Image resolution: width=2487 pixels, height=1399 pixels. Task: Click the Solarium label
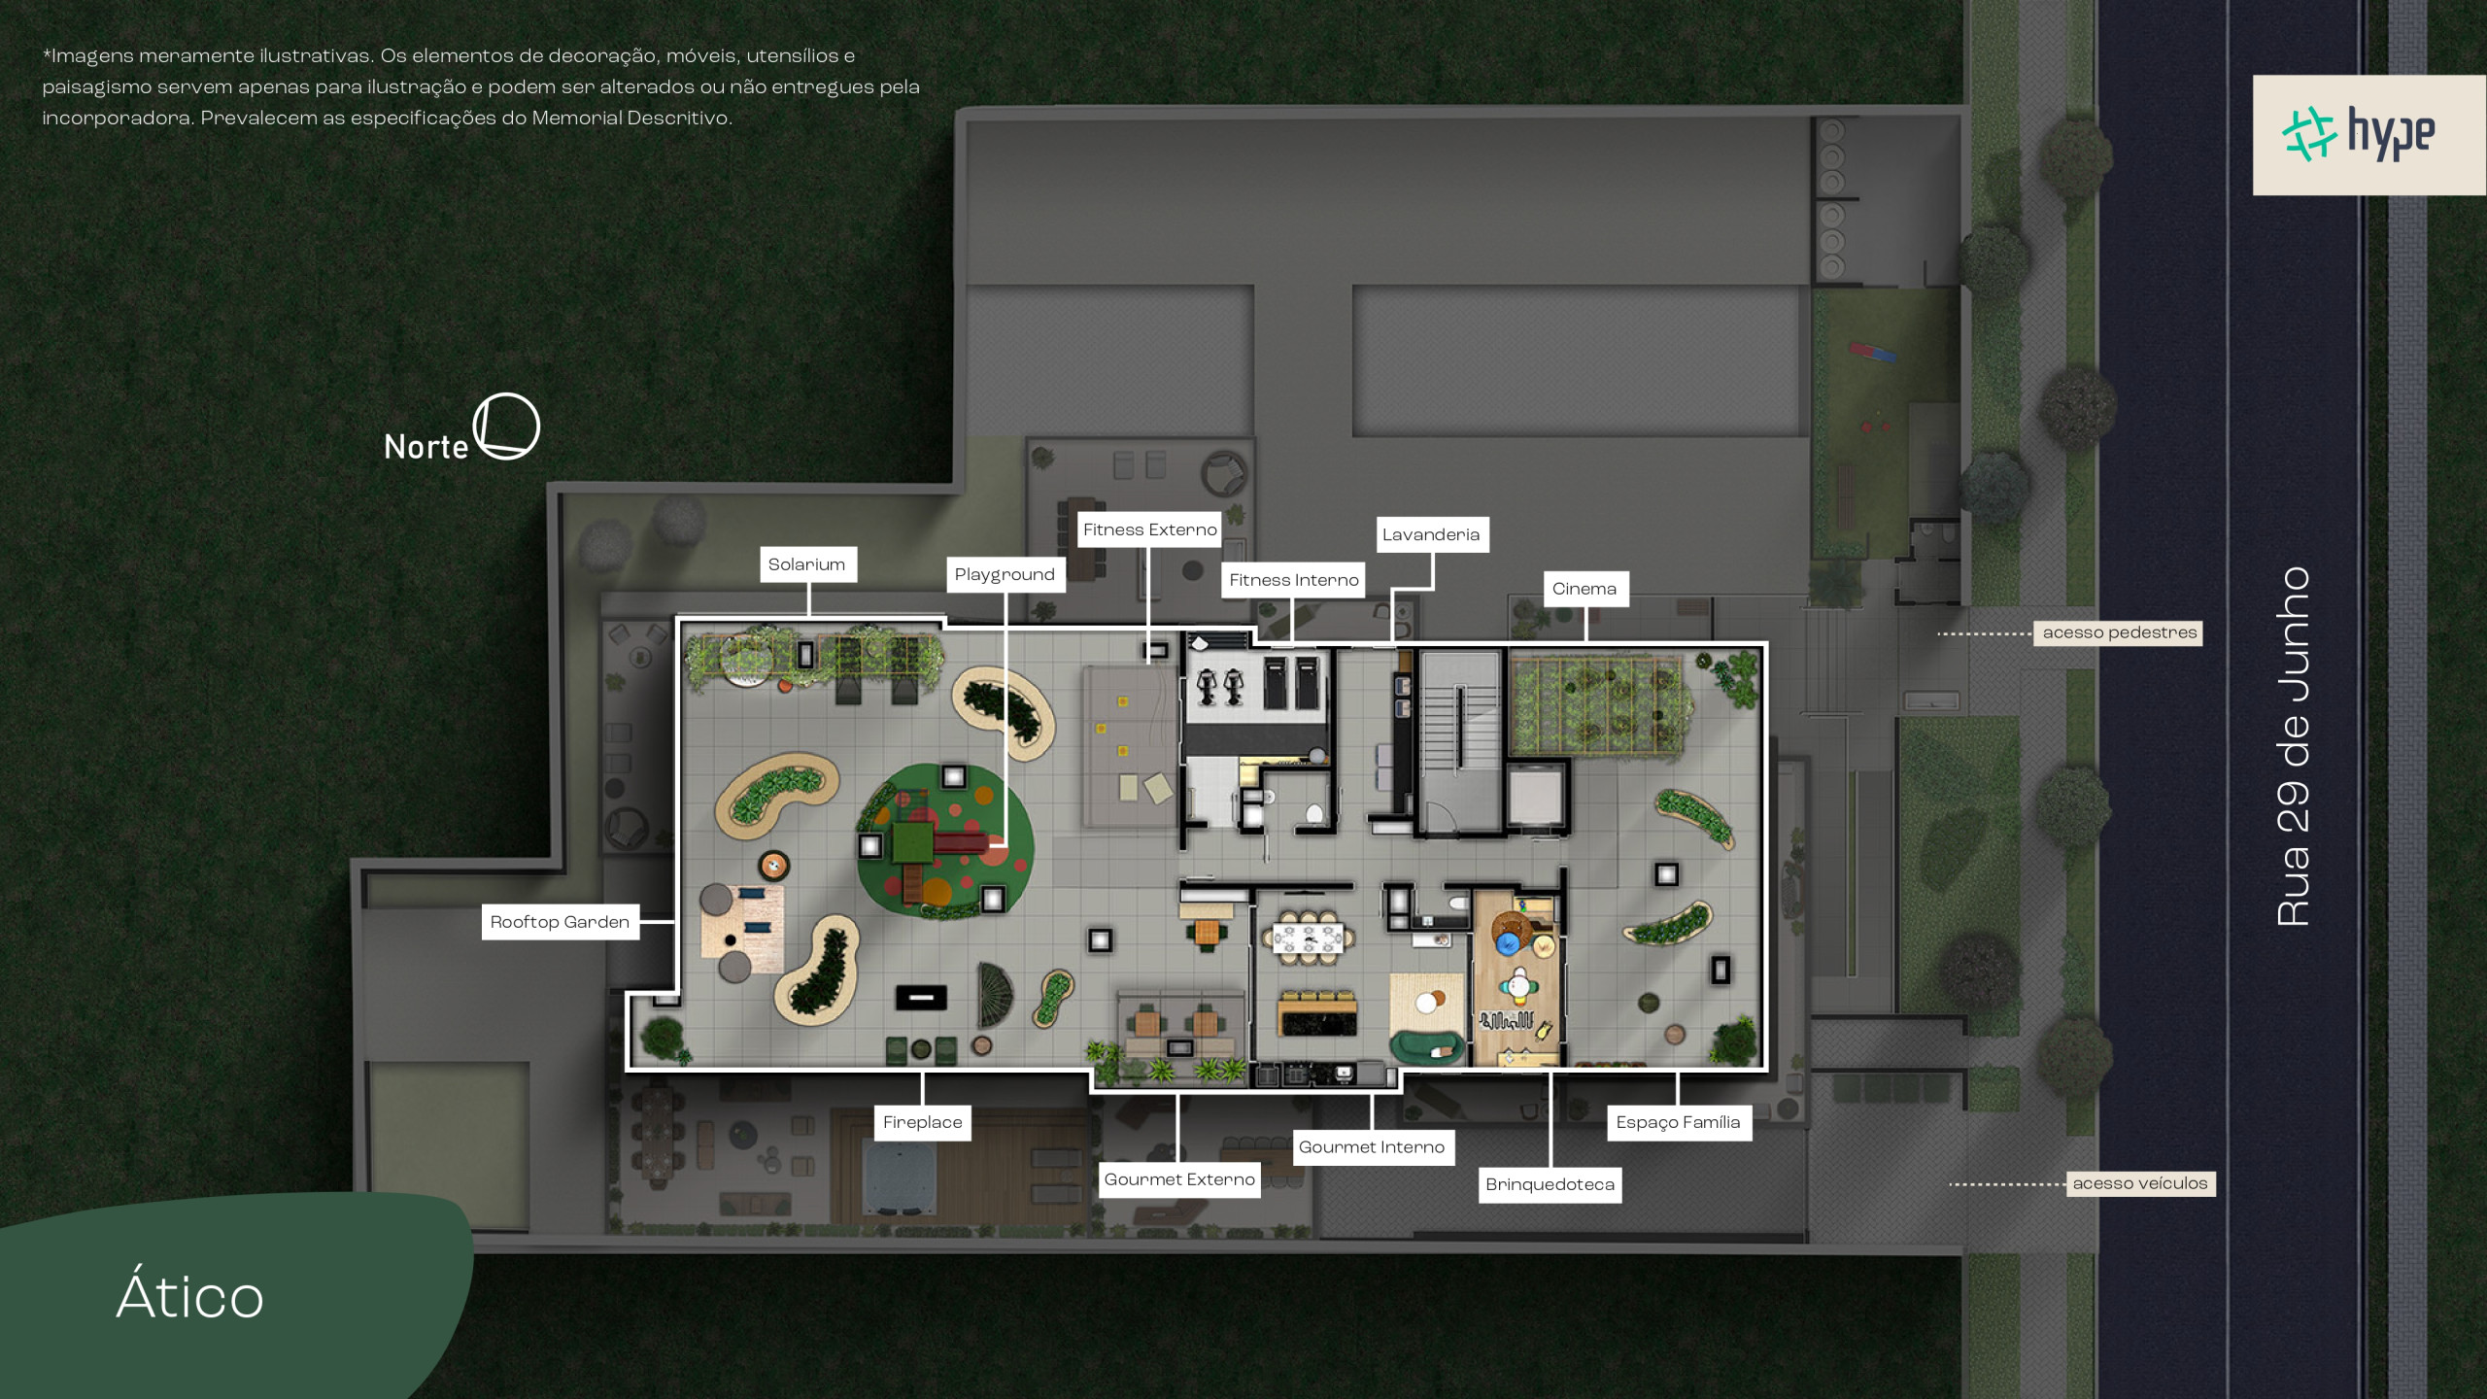tap(807, 564)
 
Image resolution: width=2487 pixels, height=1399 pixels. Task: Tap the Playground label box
tap(1005, 574)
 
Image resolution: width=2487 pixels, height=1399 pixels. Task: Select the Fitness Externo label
tap(1149, 529)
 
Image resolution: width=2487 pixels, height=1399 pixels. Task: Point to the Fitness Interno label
tap(1293, 580)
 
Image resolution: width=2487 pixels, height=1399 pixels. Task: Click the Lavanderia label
tap(1431, 534)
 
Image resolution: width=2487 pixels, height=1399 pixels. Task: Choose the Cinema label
tap(1584, 589)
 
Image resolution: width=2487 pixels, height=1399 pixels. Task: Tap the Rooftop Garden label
tap(560, 922)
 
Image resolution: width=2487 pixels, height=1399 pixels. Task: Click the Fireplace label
tap(922, 1122)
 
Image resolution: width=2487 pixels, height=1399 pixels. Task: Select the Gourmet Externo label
tap(1179, 1179)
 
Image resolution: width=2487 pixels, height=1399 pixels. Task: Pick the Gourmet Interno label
tap(1372, 1147)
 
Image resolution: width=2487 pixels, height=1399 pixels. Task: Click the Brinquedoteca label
tap(1550, 1184)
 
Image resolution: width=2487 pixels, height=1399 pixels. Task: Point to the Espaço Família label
tap(1678, 1122)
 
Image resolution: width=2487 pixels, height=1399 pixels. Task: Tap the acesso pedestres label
tap(2119, 632)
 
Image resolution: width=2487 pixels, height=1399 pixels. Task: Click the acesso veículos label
tap(2140, 1183)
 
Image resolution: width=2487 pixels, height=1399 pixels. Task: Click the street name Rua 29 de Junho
tap(2294, 746)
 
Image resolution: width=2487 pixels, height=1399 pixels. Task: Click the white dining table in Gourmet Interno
tap(1309, 938)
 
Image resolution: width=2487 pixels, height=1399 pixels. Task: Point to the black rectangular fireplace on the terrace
tap(921, 997)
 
